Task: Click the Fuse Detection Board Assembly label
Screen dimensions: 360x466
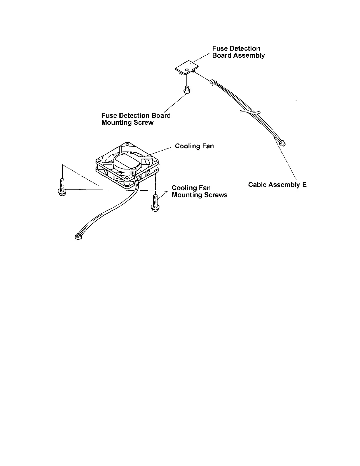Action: [x=238, y=52]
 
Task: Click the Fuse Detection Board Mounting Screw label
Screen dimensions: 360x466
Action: [x=136, y=119]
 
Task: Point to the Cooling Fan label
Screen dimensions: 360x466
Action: [x=194, y=146]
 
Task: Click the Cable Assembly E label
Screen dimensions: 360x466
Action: [x=277, y=184]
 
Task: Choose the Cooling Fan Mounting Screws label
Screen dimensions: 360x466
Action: [x=199, y=191]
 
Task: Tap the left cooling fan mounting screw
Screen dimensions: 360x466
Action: [x=62, y=187]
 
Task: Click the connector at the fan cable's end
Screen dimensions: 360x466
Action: [x=78, y=236]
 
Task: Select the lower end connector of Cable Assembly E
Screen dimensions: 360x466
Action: [x=283, y=144]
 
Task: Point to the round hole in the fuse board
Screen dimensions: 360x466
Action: [x=186, y=69]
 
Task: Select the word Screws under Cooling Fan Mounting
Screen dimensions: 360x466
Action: [x=216, y=195]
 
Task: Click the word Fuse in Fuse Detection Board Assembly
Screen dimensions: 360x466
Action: [x=219, y=49]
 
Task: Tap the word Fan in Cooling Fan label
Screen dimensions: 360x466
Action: [x=208, y=146]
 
